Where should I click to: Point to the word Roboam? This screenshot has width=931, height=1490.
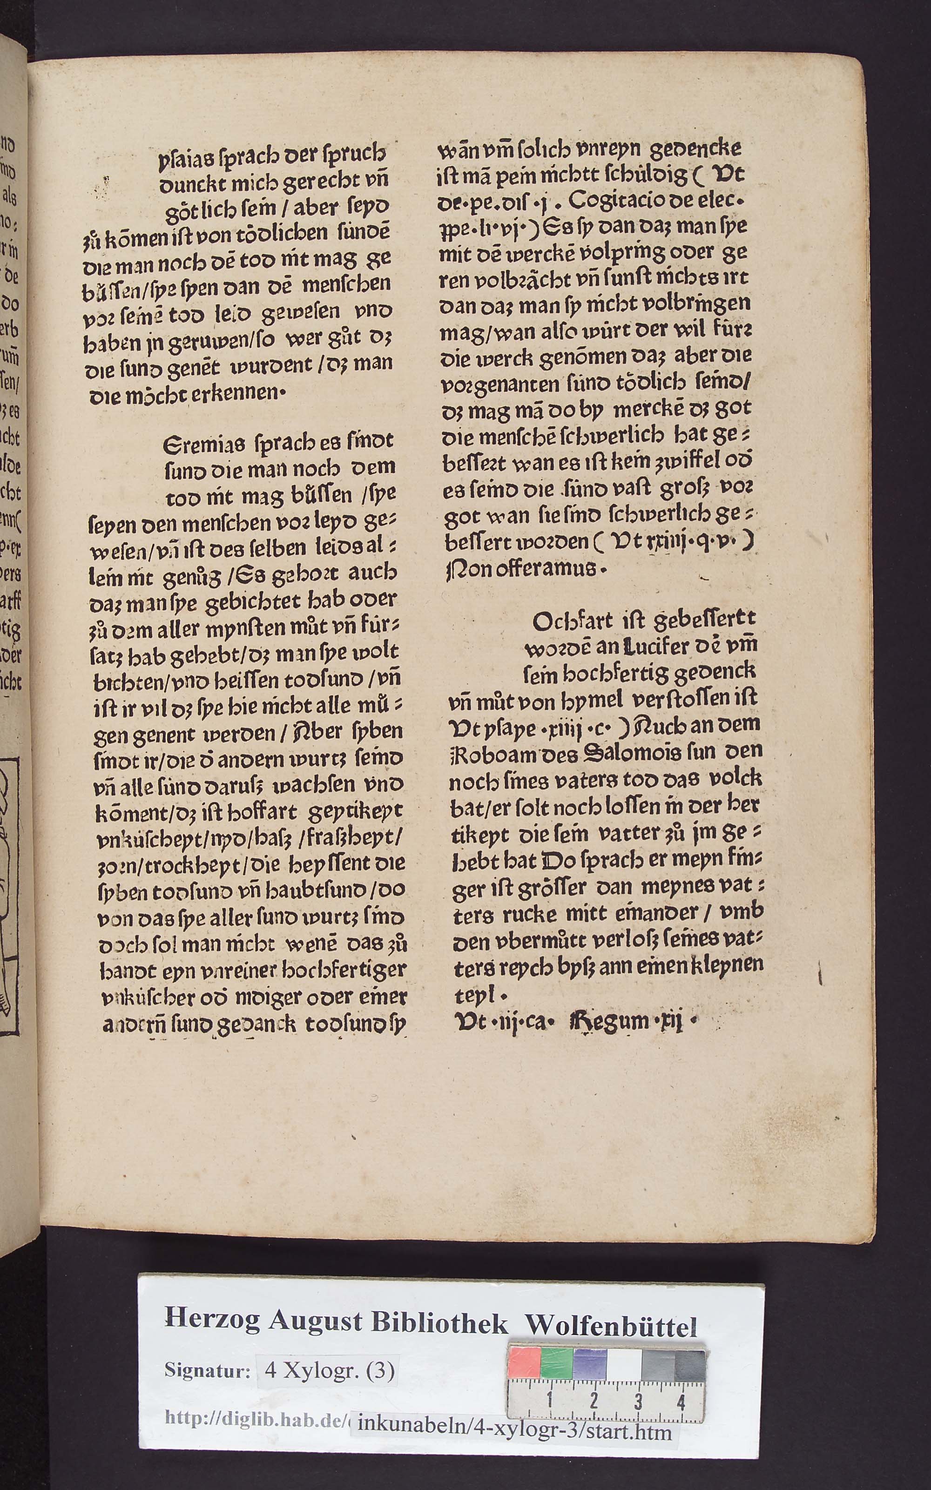[486, 752]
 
